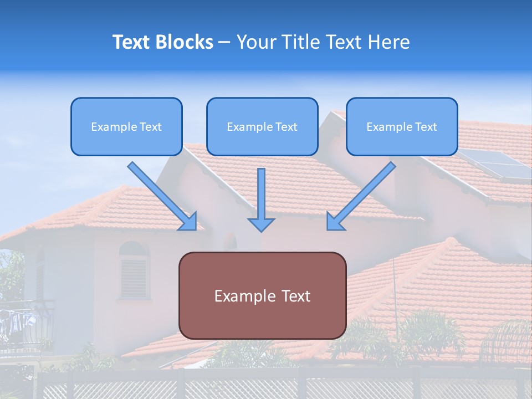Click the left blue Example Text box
126,126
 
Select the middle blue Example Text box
262,126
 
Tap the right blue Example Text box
402,126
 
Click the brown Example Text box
262,295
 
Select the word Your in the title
255,42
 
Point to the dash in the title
224,42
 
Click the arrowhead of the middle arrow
261,224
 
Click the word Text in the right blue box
426,126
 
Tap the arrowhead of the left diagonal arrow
188,222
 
